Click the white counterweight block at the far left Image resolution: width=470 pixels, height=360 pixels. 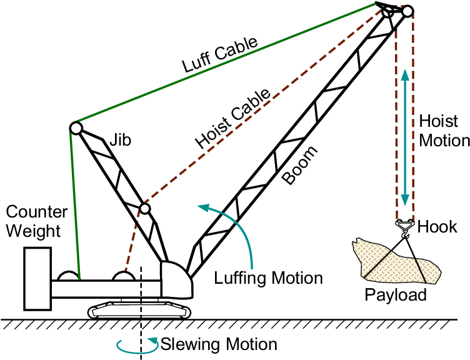coord(37,278)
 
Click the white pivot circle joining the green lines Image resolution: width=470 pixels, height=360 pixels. coord(76,128)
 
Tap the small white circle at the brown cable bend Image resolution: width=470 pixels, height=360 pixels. coord(145,209)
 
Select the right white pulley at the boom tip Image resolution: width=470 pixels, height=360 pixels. coord(407,11)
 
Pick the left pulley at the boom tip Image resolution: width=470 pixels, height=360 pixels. coord(388,11)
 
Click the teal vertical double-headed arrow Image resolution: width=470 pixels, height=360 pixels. coord(405,137)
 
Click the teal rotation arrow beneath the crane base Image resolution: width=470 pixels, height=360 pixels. coord(137,346)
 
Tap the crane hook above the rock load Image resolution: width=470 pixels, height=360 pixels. coord(405,229)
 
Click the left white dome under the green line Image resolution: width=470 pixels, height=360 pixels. coord(69,277)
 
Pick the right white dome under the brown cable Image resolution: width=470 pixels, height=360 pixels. coord(124,277)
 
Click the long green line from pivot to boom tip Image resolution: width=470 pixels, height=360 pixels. coord(225,62)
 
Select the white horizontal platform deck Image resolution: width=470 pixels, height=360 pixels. coord(106,289)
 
